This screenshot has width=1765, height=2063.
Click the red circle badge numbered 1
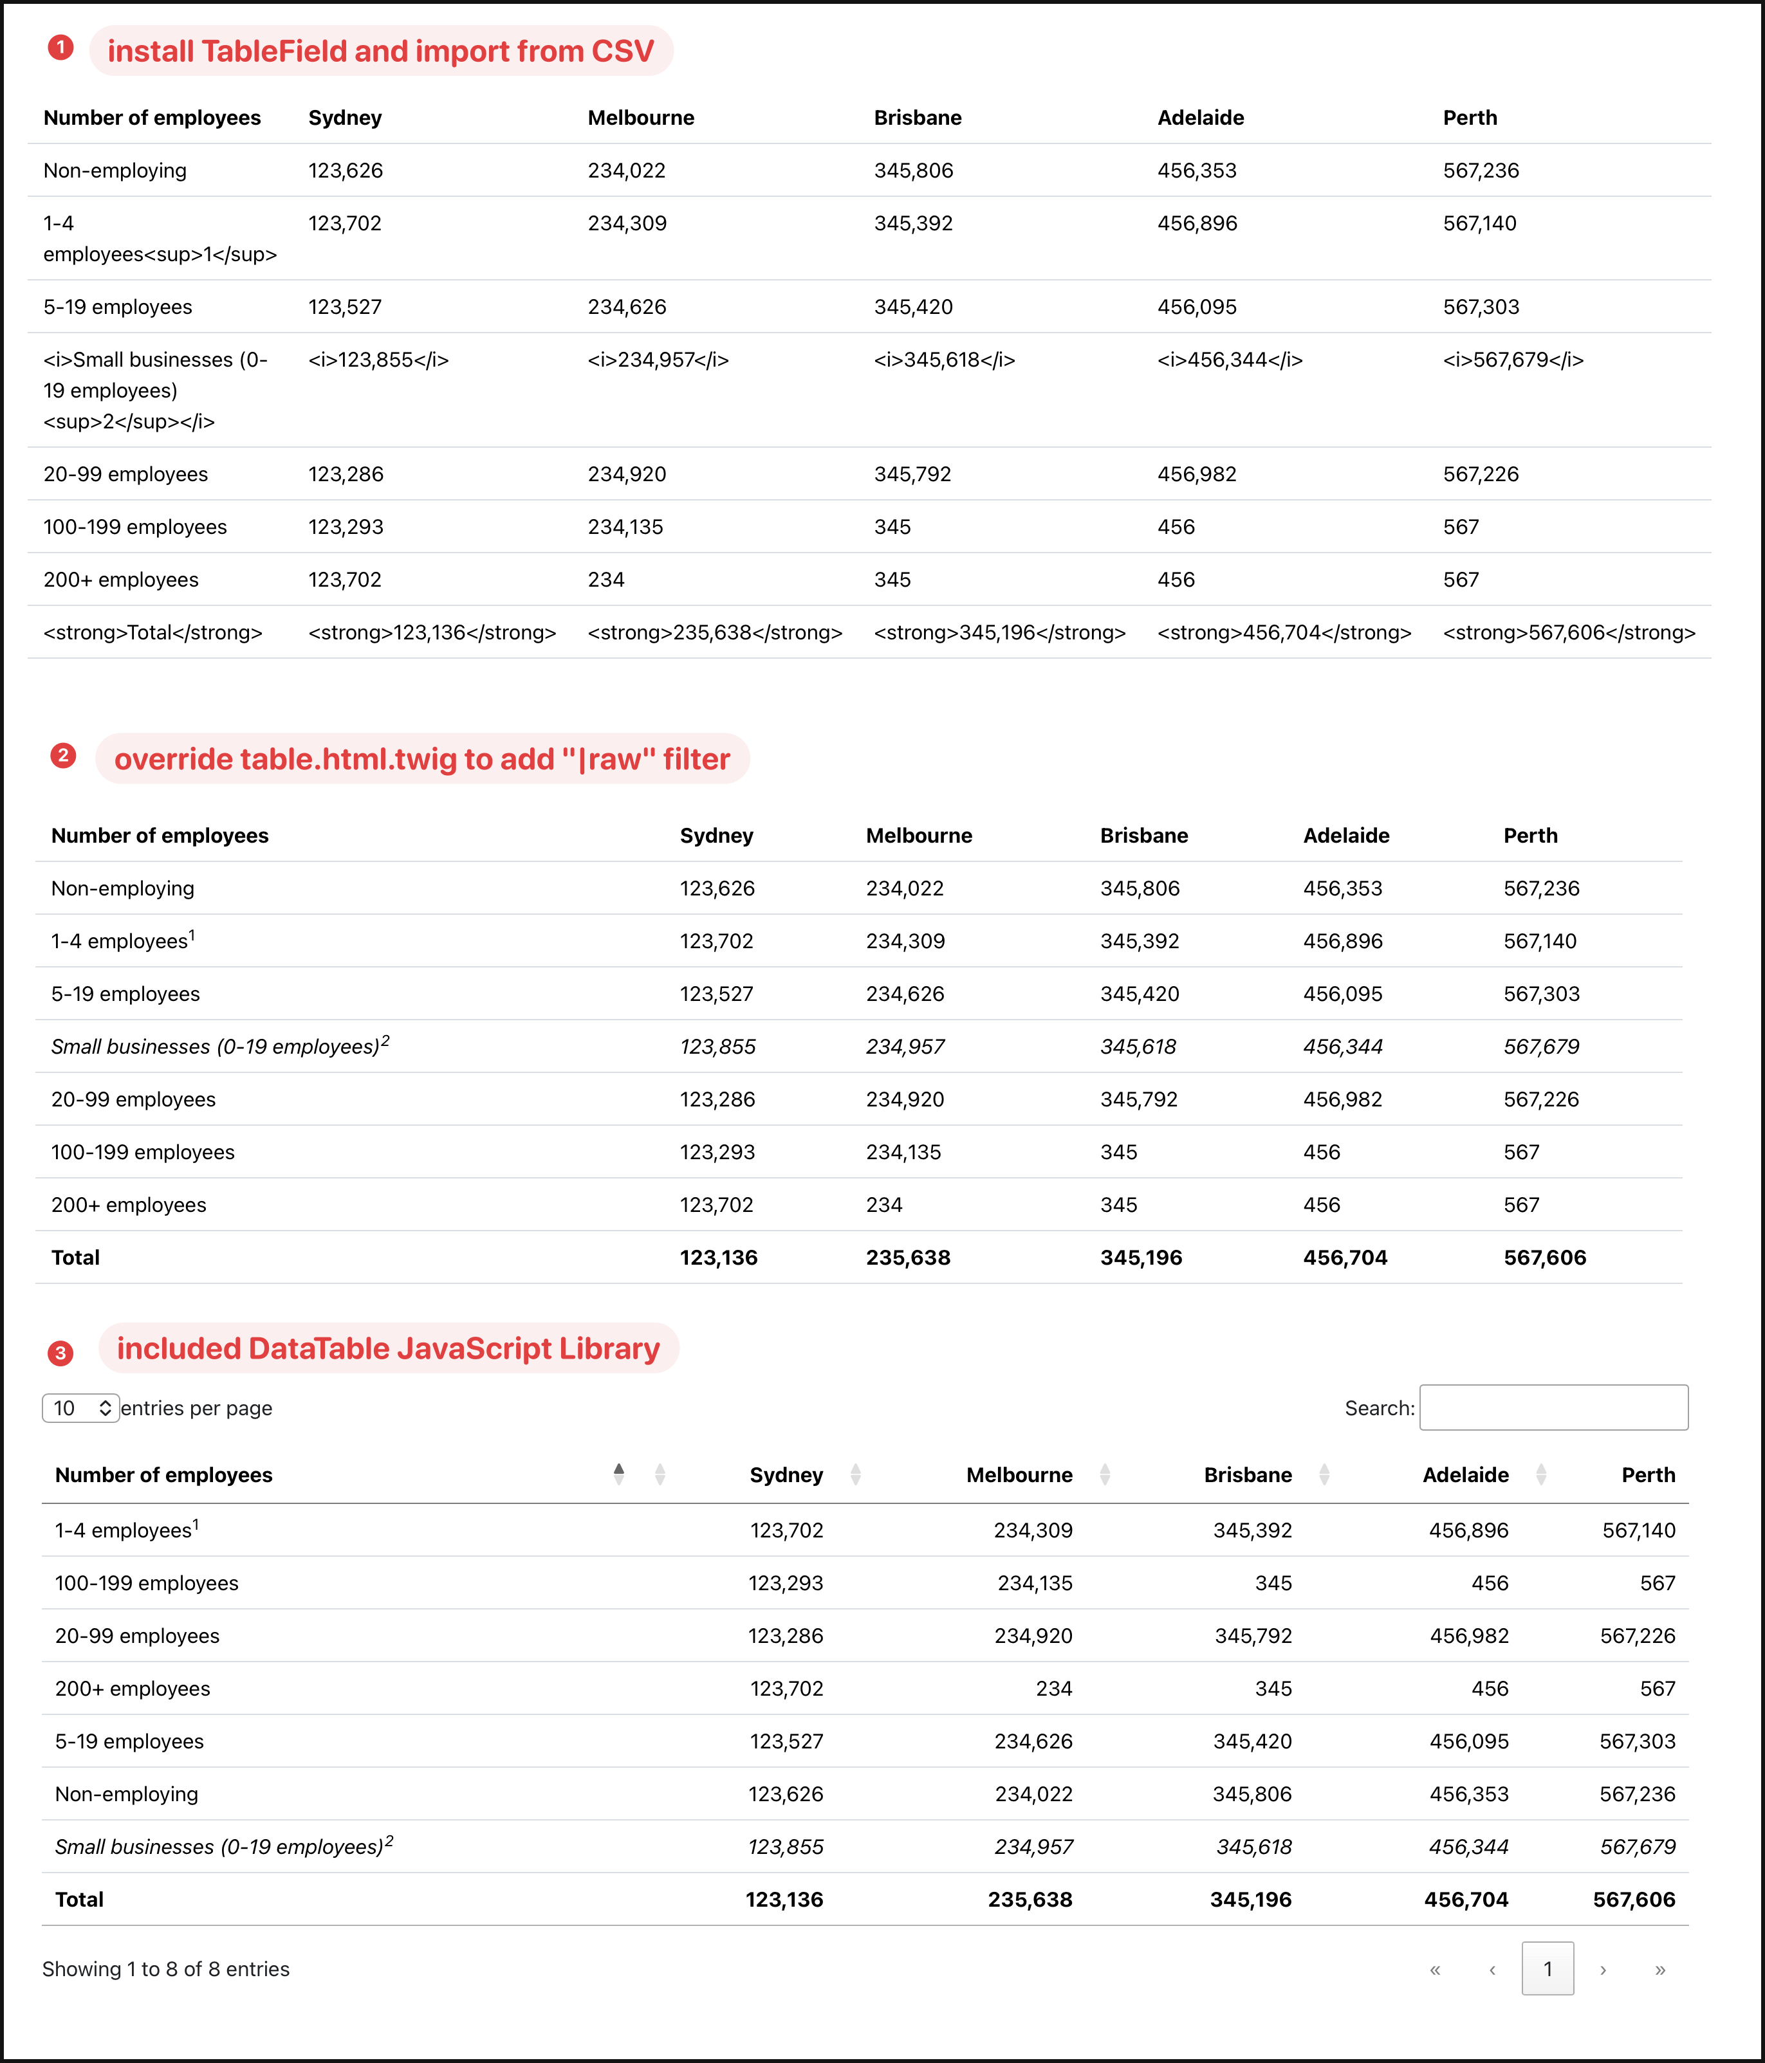(60, 48)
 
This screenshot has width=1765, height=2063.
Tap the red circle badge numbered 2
(63, 756)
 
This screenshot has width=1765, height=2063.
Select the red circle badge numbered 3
(60, 1353)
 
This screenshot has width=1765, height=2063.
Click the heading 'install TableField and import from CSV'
(380, 51)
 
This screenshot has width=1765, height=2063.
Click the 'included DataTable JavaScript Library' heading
(389, 1348)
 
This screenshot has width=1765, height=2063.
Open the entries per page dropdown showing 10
(80, 1408)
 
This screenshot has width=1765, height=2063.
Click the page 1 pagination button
(1547, 1968)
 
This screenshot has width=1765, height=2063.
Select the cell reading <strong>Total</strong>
(152, 632)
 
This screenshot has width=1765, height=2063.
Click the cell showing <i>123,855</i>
(378, 360)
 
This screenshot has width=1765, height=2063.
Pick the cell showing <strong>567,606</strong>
(1569, 632)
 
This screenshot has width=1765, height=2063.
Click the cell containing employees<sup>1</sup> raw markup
(160, 239)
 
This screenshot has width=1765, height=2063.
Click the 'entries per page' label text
(196, 1408)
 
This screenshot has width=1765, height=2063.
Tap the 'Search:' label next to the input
(1378, 1408)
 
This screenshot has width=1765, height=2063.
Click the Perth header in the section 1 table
(1469, 118)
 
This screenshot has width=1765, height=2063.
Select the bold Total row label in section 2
(76, 1258)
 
